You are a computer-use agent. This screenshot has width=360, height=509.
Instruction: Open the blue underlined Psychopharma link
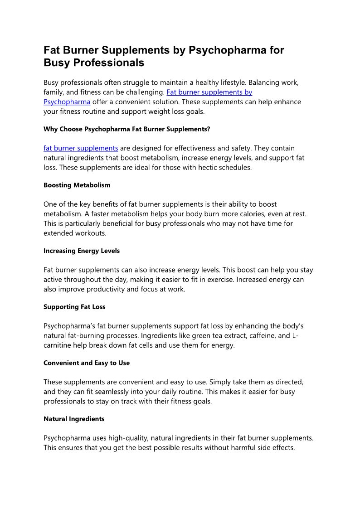pos(67,102)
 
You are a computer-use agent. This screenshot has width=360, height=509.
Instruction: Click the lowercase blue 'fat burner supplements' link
pos(81,148)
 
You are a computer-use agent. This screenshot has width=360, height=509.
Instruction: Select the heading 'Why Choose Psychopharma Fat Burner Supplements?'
pos(127,129)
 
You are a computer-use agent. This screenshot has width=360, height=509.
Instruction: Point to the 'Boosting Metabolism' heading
pos(77,185)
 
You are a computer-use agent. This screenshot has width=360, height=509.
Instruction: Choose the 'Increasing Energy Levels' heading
pos(82,251)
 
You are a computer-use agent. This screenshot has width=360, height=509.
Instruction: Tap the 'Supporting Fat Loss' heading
pos(74,307)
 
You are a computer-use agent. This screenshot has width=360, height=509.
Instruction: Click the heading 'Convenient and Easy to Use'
pos(87,363)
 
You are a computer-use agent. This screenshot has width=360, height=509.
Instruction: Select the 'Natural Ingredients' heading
pos(74,419)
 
